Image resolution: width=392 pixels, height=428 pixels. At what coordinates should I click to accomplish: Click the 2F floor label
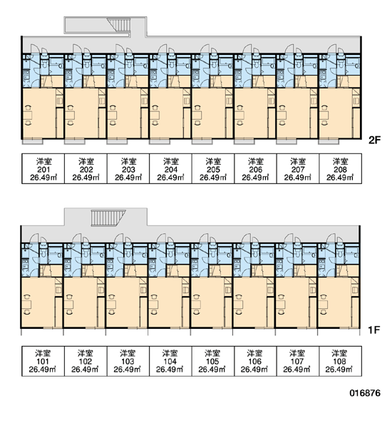[374, 141]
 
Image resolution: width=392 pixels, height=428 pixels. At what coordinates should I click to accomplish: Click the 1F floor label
[374, 330]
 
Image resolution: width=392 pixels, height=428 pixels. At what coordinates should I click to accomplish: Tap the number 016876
[365, 393]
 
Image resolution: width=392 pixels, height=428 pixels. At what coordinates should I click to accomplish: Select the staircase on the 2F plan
[119, 25]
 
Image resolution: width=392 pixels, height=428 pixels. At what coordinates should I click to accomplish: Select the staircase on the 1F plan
[108, 218]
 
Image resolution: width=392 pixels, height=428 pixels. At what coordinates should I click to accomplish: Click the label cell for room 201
[43, 168]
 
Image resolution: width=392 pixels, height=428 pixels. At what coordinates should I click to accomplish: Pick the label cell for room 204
[170, 168]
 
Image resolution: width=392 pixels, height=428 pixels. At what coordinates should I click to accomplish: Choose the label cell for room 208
[341, 168]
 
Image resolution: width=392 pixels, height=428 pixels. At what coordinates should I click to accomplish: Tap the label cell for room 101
[43, 361]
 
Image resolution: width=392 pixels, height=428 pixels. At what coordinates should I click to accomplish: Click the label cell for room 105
[213, 361]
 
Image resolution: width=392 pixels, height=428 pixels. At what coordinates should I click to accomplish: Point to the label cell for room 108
[341, 361]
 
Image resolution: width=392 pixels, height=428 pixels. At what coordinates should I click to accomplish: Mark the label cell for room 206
[255, 168]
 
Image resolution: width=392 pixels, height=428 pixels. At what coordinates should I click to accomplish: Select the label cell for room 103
[128, 361]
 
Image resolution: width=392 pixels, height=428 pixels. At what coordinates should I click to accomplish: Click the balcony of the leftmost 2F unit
[33, 141]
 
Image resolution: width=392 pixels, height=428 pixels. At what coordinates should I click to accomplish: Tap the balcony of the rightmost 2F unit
[329, 141]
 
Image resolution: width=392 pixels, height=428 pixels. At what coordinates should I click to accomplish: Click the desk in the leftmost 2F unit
[28, 115]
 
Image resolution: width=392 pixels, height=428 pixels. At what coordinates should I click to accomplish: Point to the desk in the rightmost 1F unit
[324, 305]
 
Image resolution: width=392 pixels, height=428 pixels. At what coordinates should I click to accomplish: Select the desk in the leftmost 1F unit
[27, 305]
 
